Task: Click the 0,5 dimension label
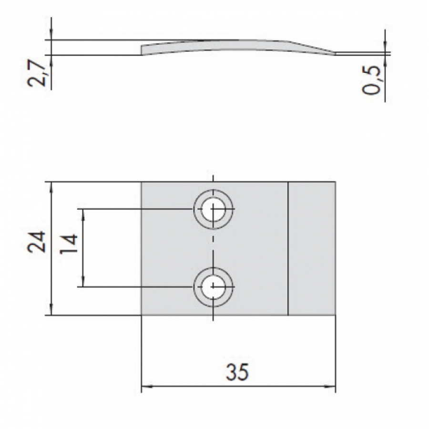(x=371, y=80)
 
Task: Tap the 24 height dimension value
(x=36, y=241)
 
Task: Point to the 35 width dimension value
(x=237, y=372)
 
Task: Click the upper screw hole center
(x=213, y=209)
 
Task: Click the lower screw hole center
(x=213, y=287)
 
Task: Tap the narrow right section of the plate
(x=312, y=248)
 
